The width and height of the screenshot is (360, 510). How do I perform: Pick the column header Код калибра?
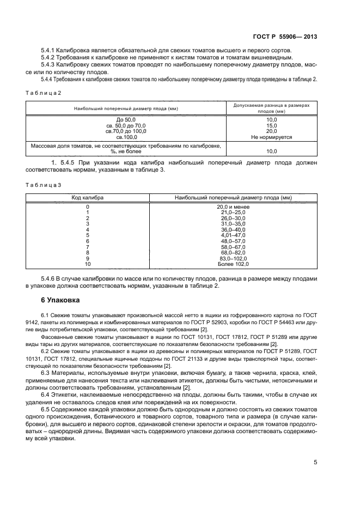pos(88,198)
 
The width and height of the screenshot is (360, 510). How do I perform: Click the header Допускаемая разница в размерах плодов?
pos(271,107)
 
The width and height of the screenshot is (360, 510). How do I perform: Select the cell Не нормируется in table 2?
pos(271,137)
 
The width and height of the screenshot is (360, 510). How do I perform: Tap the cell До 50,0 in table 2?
pos(126,119)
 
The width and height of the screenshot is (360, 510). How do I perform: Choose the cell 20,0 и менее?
pos(233,207)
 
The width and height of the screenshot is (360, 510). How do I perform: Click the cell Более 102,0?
pos(233,264)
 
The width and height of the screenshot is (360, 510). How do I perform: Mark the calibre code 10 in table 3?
pos(88,264)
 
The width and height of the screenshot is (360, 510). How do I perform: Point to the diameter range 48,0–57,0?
pos(233,241)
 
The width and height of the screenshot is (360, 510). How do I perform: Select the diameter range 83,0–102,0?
pos(233,258)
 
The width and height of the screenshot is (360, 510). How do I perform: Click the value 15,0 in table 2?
pos(271,125)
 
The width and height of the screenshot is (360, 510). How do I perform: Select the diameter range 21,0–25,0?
pos(233,212)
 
